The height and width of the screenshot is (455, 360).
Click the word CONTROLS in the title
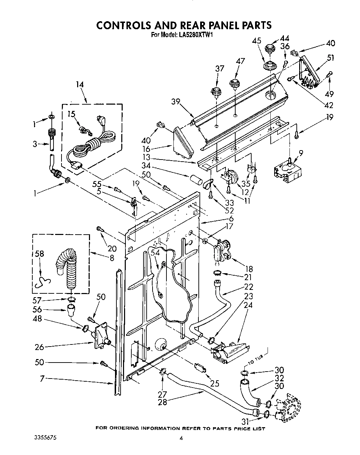pyautogui.click(x=124, y=25)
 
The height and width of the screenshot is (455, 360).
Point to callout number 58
pyautogui.click(x=39, y=254)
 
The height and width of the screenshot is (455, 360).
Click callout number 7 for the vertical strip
pyautogui.click(x=42, y=379)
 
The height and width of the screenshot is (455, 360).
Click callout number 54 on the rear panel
pyautogui.click(x=155, y=254)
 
